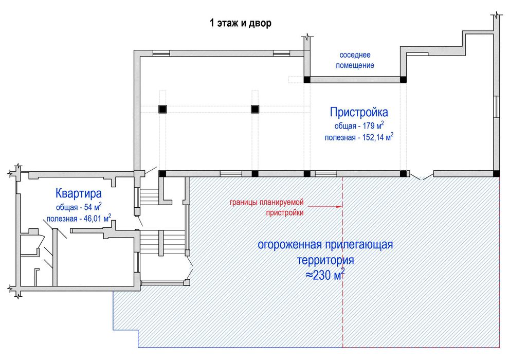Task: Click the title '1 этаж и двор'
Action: tap(240, 23)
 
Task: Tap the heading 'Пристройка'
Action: tap(359, 112)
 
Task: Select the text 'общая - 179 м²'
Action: tap(359, 125)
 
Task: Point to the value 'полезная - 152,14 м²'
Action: tap(359, 137)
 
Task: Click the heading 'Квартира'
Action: tap(78, 194)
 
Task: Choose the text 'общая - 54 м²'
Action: tap(78, 207)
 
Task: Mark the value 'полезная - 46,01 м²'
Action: tap(78, 219)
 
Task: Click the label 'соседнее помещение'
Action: tap(355, 60)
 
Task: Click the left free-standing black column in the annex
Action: tap(162, 109)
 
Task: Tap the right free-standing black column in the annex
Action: tap(254, 109)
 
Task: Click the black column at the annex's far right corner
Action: tap(497, 173)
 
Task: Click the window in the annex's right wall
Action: tap(497, 108)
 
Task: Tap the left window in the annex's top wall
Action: tap(161, 53)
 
